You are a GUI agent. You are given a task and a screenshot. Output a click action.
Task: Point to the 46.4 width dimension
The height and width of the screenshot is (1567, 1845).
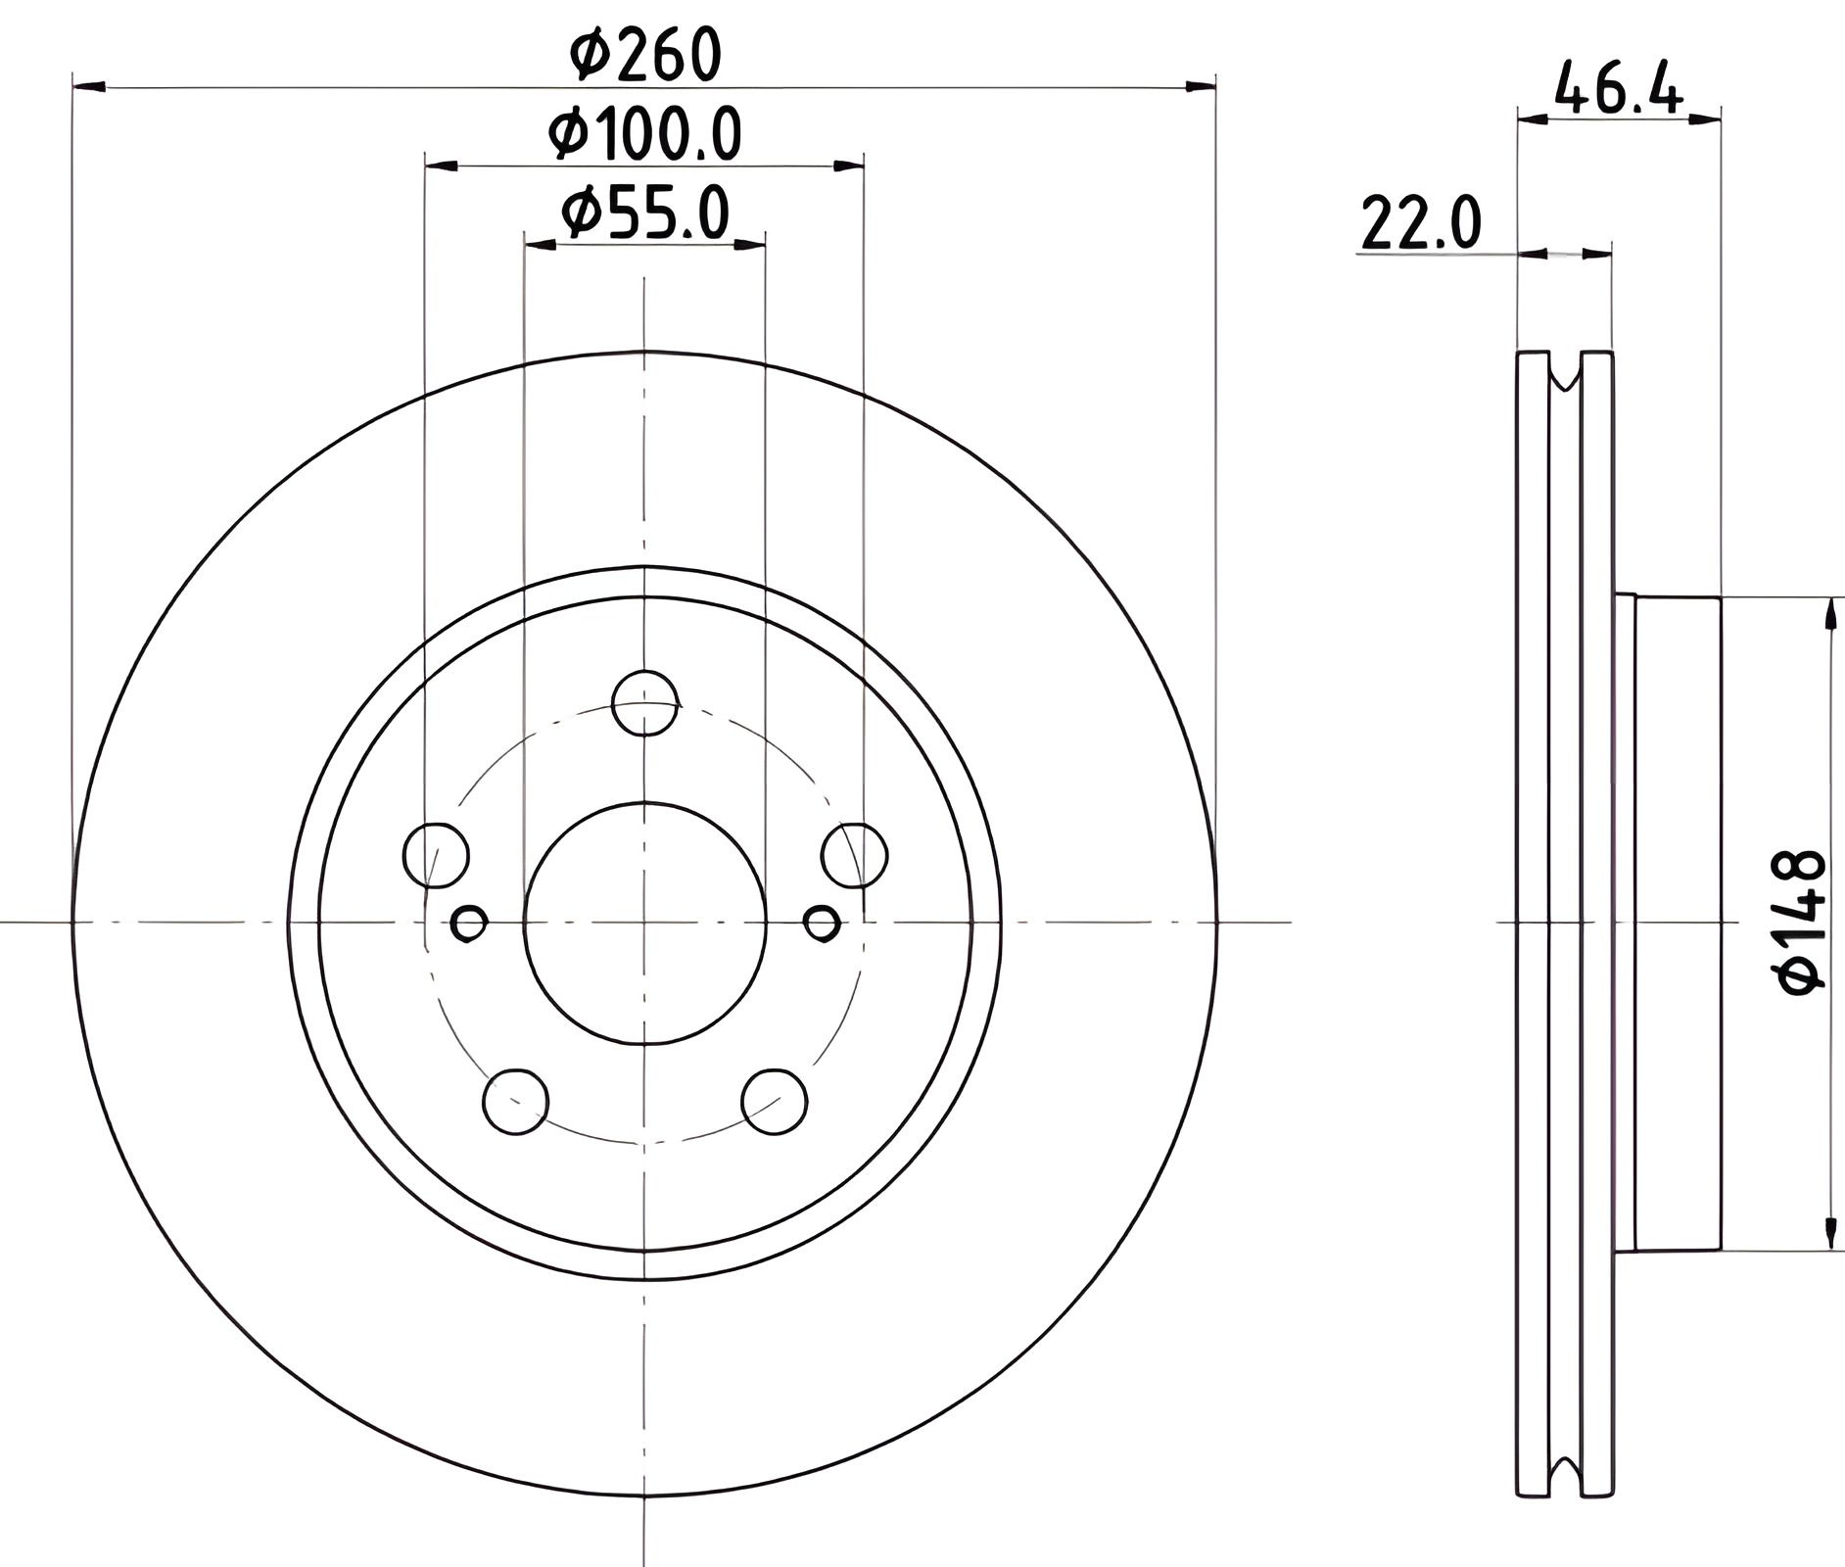(1618, 89)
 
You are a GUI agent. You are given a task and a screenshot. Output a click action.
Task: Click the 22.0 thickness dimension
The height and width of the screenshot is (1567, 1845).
(1421, 224)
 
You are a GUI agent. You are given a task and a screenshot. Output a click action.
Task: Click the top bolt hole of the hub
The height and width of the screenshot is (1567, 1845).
(644, 703)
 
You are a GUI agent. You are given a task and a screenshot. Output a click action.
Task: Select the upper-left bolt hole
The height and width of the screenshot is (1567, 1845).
(436, 855)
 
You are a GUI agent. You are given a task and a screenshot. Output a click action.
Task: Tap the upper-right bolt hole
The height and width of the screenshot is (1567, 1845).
(855, 855)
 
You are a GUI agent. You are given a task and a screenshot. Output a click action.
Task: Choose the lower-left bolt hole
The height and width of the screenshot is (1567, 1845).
(516, 1103)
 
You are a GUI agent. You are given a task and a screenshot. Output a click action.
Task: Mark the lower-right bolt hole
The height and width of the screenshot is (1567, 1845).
(775, 1103)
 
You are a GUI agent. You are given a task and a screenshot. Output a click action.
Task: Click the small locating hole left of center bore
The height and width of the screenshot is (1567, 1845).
(469, 923)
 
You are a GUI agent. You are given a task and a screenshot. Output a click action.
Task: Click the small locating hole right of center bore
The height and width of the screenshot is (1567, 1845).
(822, 923)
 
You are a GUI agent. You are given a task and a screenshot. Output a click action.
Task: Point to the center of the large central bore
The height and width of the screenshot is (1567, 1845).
(644, 923)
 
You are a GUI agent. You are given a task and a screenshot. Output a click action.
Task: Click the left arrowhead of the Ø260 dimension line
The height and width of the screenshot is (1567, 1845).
(89, 88)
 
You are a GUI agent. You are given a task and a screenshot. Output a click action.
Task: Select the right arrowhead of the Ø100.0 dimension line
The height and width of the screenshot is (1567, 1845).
(849, 166)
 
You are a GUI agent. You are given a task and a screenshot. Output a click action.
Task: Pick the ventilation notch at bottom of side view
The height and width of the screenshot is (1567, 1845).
(1565, 1475)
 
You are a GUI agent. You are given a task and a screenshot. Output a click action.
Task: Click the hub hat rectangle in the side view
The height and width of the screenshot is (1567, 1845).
(1677, 922)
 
